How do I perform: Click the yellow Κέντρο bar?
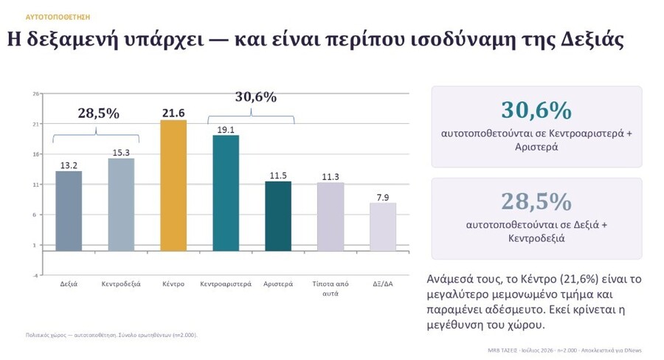[x=173, y=185]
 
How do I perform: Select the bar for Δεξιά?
[x=69, y=211]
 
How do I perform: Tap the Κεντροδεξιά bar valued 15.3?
[x=121, y=204]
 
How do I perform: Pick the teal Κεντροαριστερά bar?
[x=226, y=193]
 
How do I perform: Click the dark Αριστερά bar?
[x=278, y=216]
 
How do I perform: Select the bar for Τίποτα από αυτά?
[x=331, y=217]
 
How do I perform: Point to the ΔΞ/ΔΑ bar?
[x=383, y=227]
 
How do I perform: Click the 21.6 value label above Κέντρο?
[x=173, y=113]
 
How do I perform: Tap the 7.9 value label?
[x=383, y=198]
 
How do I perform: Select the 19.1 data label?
[x=226, y=130]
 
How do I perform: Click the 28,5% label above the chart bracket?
[x=99, y=113]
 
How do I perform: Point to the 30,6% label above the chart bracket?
[x=256, y=97]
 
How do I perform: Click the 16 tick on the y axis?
[x=36, y=154]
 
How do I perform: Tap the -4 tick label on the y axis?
[x=36, y=275]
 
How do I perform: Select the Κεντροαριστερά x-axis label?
[x=226, y=284]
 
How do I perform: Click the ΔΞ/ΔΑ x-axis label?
[x=383, y=284]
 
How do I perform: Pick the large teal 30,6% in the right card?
[x=536, y=110]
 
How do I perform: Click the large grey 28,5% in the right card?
[x=536, y=201]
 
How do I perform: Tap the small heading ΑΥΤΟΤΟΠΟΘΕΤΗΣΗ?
[x=58, y=17]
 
